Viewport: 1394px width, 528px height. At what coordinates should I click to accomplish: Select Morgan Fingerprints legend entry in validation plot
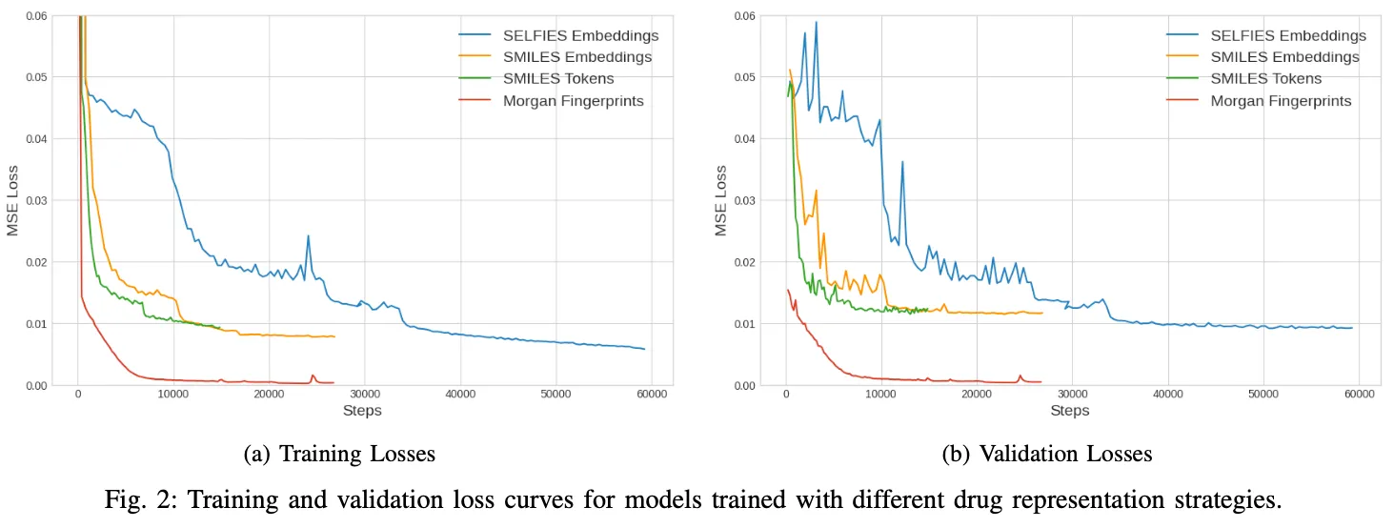pyautogui.click(x=1281, y=100)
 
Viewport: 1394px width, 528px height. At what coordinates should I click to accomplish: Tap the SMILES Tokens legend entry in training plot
pyautogui.click(x=558, y=78)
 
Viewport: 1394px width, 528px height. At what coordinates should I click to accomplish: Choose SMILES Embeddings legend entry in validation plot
pyautogui.click(x=1284, y=56)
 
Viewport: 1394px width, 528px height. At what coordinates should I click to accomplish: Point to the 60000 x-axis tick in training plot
pyautogui.click(x=651, y=395)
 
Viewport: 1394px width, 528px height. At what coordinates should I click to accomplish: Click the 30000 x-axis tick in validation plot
pyautogui.click(x=1072, y=395)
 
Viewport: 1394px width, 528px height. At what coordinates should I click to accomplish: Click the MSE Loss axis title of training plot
pyautogui.click(x=14, y=200)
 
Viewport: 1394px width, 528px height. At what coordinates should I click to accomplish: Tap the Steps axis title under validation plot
pyautogui.click(x=1069, y=411)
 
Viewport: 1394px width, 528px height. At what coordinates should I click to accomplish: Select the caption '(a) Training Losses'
pyautogui.click(x=339, y=455)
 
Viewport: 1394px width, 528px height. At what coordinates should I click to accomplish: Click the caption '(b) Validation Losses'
pyautogui.click(x=1047, y=455)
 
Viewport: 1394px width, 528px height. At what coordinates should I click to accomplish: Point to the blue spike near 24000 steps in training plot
pyautogui.click(x=308, y=235)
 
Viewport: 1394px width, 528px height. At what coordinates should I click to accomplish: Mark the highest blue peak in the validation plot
pyautogui.click(x=816, y=22)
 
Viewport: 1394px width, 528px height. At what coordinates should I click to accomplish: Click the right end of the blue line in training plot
pyautogui.click(x=644, y=349)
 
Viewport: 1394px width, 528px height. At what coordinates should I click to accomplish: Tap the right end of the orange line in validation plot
pyautogui.click(x=1042, y=313)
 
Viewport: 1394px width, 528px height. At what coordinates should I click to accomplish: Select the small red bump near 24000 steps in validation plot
pyautogui.click(x=1020, y=376)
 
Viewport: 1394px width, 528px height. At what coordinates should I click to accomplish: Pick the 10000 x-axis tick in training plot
pyautogui.click(x=173, y=395)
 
